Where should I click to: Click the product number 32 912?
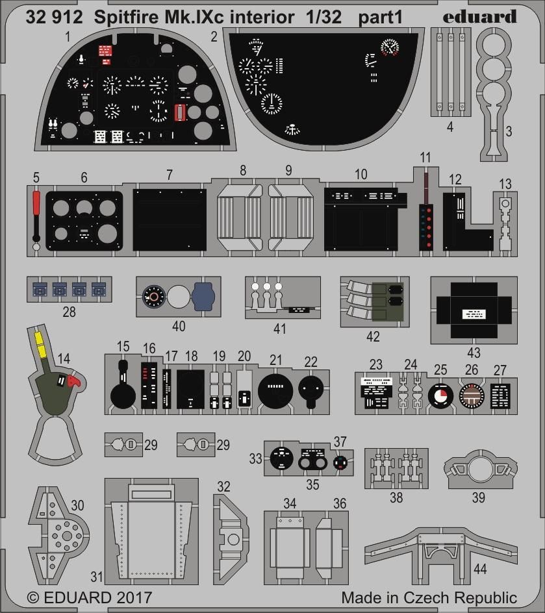tap(55, 18)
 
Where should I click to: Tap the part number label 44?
tap(480, 569)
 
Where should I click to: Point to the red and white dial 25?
tap(441, 395)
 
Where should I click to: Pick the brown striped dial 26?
tap(472, 395)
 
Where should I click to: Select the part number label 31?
tap(97, 577)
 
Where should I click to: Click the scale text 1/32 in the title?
tap(323, 18)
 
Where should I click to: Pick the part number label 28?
tap(69, 312)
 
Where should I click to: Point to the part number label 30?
tap(77, 505)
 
